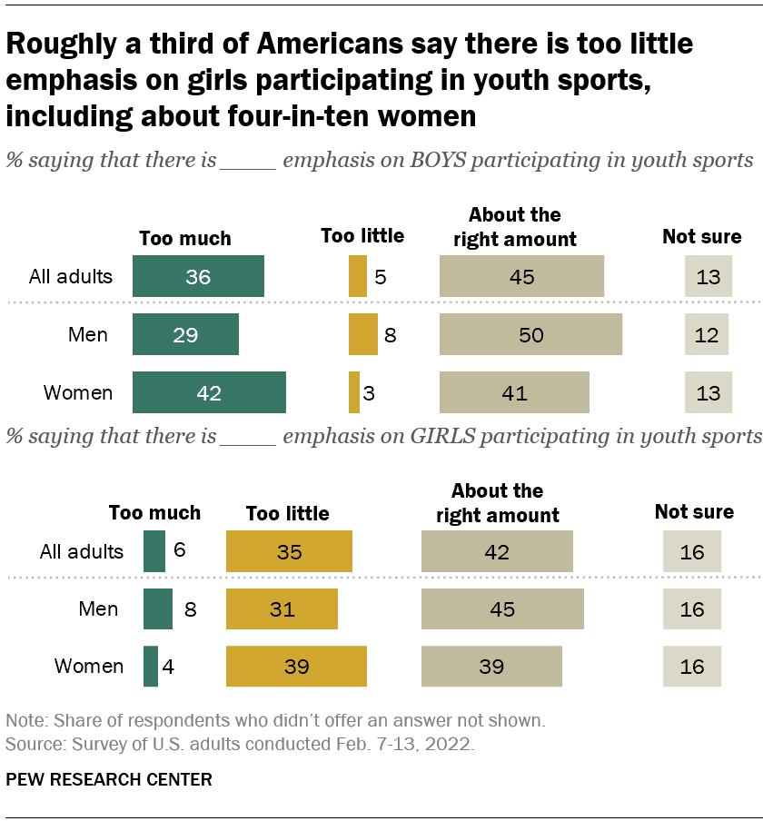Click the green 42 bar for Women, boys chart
209,392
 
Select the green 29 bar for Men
185,334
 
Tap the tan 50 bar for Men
530,334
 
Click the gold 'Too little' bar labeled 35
289,551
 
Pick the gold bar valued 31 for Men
282,608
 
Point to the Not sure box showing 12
707,334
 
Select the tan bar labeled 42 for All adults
497,551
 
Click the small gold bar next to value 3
354,392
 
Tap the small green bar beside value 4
151,666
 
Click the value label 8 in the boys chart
390,335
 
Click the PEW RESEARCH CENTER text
109,778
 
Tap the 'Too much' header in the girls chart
154,512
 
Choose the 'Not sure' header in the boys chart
701,237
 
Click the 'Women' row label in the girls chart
89,666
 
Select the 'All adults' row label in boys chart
70,276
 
